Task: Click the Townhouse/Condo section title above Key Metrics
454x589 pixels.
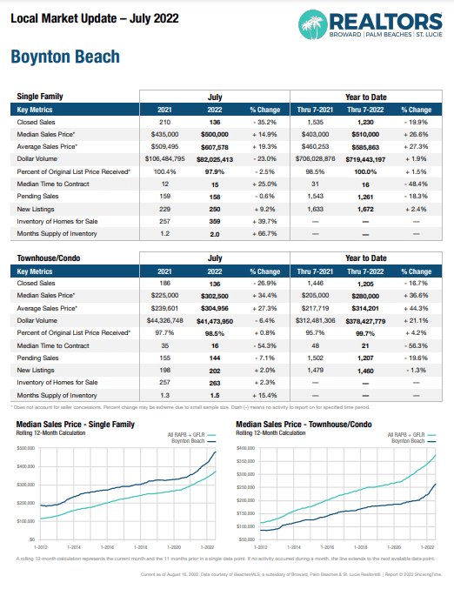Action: pyautogui.click(x=50, y=258)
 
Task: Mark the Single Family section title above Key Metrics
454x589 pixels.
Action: pyautogui.click(x=40, y=97)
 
